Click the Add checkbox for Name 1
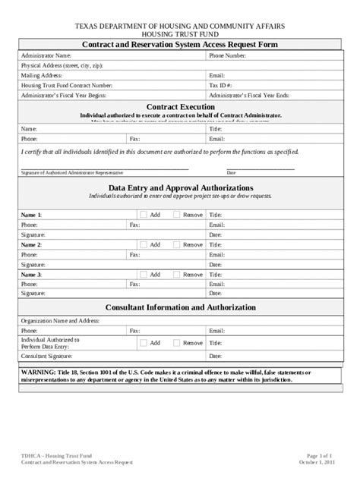point(144,215)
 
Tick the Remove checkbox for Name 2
point(177,244)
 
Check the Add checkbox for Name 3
point(144,274)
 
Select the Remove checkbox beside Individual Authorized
point(177,343)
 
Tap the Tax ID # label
point(222,86)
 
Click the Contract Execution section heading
point(179,107)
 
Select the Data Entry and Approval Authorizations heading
point(180,187)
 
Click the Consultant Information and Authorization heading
point(180,307)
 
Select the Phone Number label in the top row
point(227,55)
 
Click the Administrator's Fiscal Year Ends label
point(250,96)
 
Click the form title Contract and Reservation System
point(180,45)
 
